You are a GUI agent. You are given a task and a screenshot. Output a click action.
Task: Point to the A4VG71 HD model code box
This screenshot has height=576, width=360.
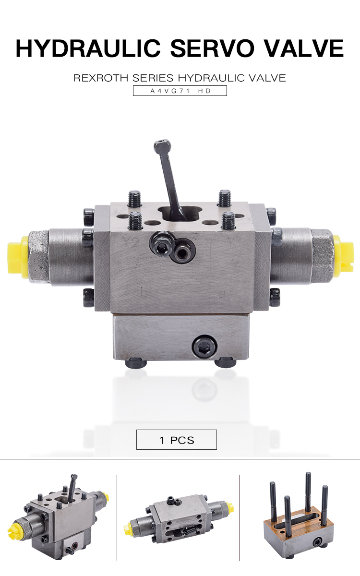point(180,90)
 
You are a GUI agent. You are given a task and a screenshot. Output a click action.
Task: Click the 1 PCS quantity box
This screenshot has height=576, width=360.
point(177,440)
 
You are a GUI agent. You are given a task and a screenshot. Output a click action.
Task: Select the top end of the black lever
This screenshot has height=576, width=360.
point(162,144)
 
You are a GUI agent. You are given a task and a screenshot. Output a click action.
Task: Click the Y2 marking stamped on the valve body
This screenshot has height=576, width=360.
point(131,243)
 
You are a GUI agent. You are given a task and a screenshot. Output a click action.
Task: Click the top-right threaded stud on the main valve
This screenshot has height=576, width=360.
point(225,197)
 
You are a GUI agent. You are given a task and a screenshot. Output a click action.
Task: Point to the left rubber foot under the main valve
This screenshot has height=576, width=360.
point(135,363)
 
